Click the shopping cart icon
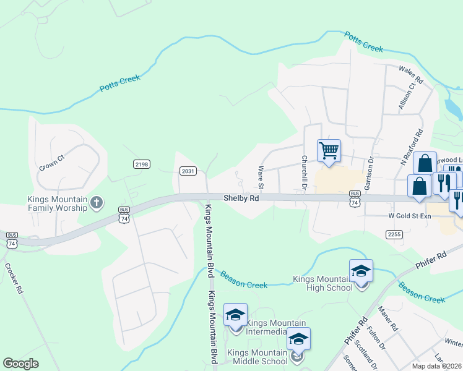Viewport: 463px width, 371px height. pyautogui.click(x=329, y=150)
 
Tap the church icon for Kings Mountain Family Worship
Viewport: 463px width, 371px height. pyautogui.click(x=96, y=202)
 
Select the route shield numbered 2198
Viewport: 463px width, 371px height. pyautogui.click(x=142, y=164)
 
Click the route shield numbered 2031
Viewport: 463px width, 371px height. pyautogui.click(x=188, y=171)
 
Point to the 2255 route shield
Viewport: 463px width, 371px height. pyautogui.click(x=394, y=234)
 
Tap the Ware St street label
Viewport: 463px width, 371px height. pyautogui.click(x=261, y=177)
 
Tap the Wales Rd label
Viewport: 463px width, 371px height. pyautogui.click(x=410, y=75)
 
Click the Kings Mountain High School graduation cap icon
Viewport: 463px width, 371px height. pyautogui.click(x=361, y=271)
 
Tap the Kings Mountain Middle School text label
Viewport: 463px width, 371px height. pyautogui.click(x=257, y=357)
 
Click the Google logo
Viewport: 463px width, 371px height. pyautogui.click(x=21, y=364)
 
